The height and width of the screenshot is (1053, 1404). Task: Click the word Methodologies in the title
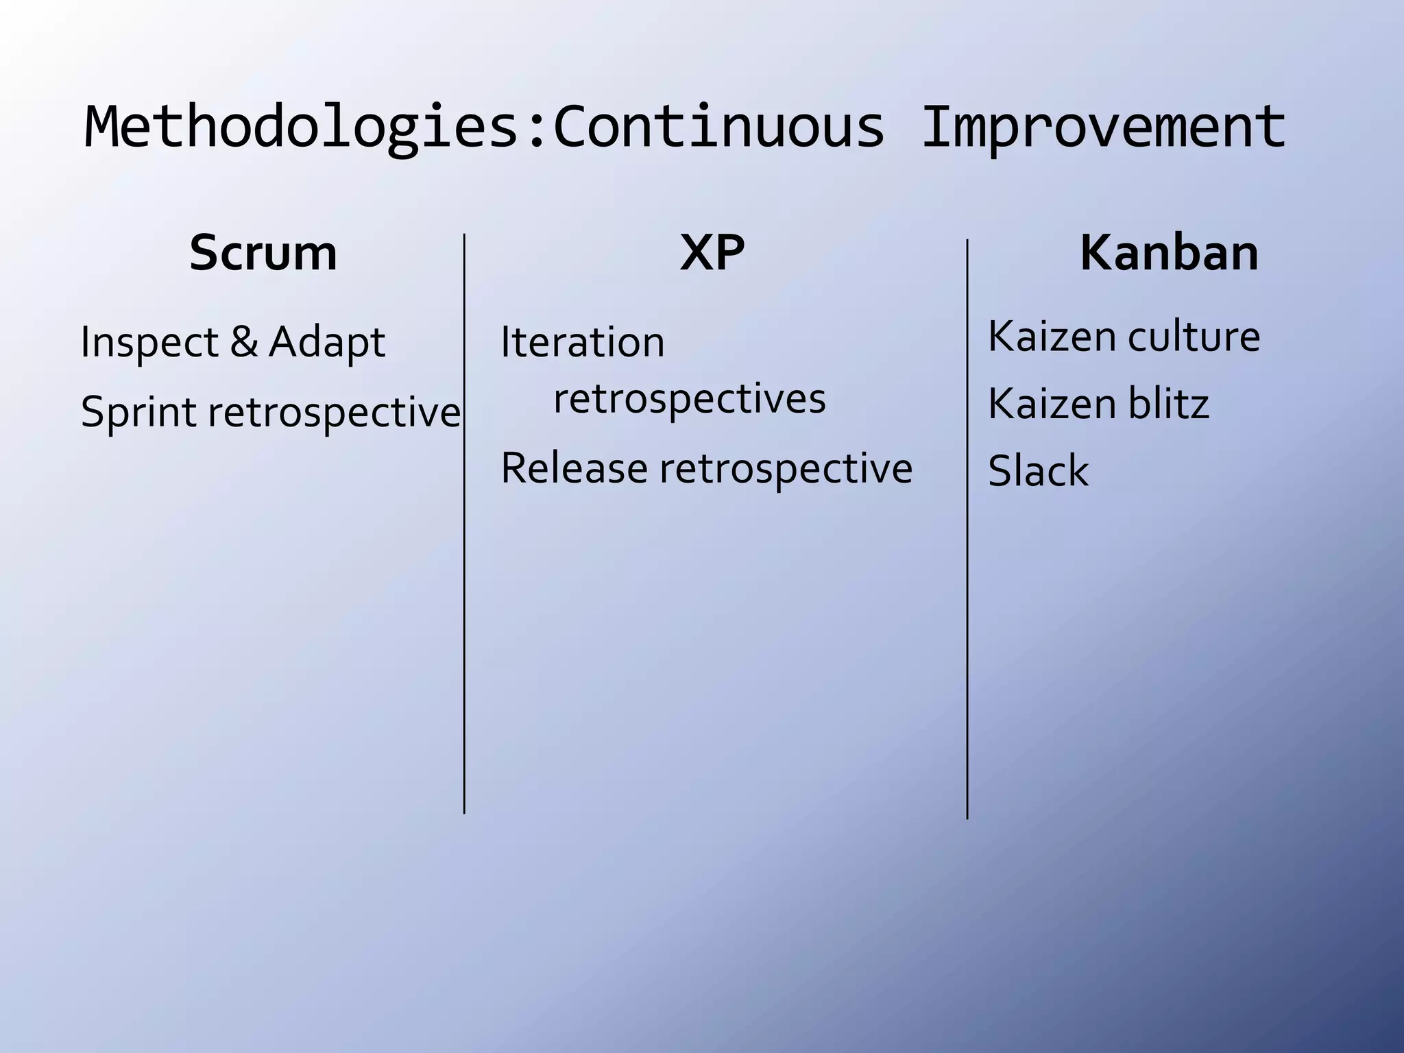302,127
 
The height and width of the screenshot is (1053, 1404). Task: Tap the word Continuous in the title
718,127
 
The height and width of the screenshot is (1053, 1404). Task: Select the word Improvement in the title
1104,127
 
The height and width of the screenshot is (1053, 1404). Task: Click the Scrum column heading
263,252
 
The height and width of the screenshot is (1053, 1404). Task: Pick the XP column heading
712,252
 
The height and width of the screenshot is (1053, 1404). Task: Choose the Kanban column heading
1170,252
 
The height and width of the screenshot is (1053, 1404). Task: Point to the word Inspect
149,341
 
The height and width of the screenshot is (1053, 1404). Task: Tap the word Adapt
327,341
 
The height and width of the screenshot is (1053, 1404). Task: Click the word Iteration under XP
583,341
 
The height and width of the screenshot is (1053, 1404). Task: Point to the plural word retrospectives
690,398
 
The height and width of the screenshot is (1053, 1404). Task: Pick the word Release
574,468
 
